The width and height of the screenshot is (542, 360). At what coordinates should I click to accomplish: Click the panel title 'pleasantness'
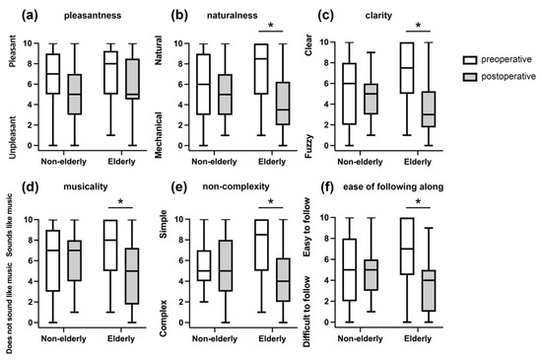pos(89,16)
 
